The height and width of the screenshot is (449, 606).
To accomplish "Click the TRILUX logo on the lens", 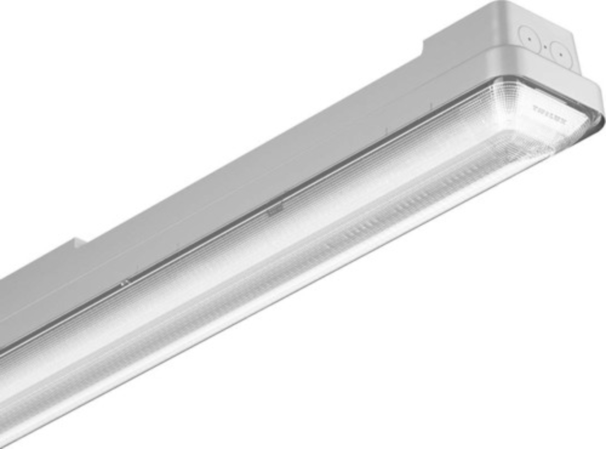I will tap(550, 115).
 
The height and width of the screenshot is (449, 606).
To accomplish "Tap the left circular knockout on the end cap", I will tap(530, 38).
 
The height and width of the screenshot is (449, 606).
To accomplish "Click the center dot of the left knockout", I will tap(530, 39).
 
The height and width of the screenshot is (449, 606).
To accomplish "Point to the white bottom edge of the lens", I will tap(314, 292).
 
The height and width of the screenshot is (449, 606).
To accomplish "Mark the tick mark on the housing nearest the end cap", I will tap(430, 107).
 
